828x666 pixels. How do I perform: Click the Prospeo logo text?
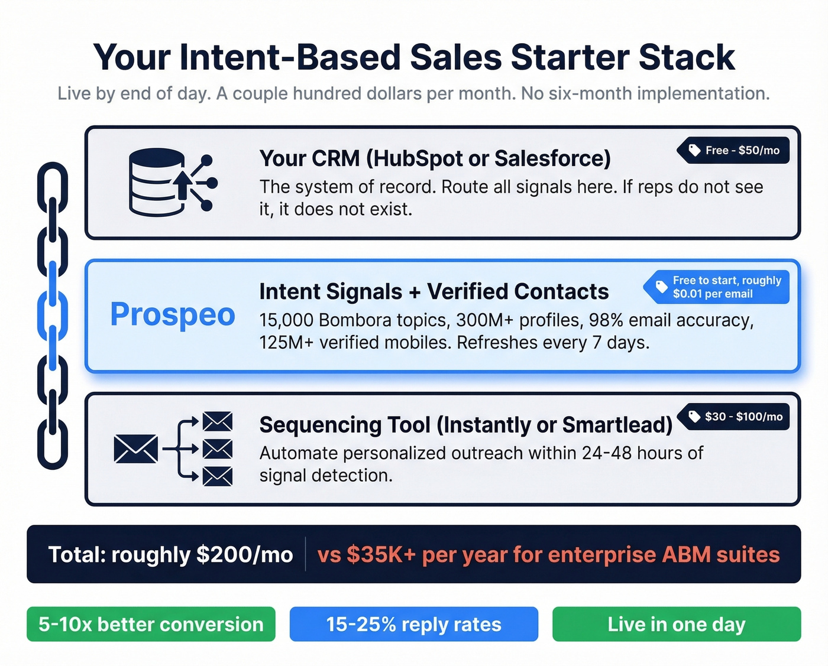pyautogui.click(x=173, y=314)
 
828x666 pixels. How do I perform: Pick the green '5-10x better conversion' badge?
pyautogui.click(x=151, y=624)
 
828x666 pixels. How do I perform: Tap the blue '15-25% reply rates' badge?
pyautogui.click(x=413, y=624)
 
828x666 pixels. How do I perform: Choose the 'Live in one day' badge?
pyautogui.click(x=676, y=624)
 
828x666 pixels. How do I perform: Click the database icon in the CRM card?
pyautogui.click(x=157, y=182)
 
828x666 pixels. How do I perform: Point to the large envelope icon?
pyautogui.click(x=136, y=449)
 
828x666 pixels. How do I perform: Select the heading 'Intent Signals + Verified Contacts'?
pyautogui.click(x=434, y=291)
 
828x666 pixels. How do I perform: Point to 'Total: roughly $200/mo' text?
pyautogui.click(x=170, y=554)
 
